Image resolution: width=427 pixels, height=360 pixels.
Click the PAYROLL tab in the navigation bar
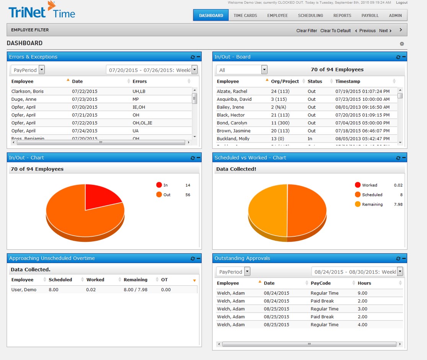[370, 15]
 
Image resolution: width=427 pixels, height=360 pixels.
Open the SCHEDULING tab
[310, 15]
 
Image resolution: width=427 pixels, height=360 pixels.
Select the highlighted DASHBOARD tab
[211, 15]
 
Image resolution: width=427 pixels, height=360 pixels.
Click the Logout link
[401, 3]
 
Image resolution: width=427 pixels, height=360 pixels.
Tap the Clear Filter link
[306, 31]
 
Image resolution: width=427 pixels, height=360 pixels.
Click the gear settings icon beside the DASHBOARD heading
[402, 44]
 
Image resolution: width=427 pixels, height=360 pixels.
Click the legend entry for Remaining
[372, 205]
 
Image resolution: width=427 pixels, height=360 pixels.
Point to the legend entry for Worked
[369, 185]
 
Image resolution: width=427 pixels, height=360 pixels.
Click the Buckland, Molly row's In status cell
[310, 139]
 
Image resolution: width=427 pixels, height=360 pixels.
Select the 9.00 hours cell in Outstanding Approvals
[362, 293]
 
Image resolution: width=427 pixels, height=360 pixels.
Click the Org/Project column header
[285, 81]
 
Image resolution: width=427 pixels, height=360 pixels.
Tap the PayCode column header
[321, 283]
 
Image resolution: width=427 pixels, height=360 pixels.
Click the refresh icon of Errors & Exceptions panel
[192, 57]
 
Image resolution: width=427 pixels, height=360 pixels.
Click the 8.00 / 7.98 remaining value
[135, 290]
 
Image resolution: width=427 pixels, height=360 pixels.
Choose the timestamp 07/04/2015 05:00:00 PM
[362, 123]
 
